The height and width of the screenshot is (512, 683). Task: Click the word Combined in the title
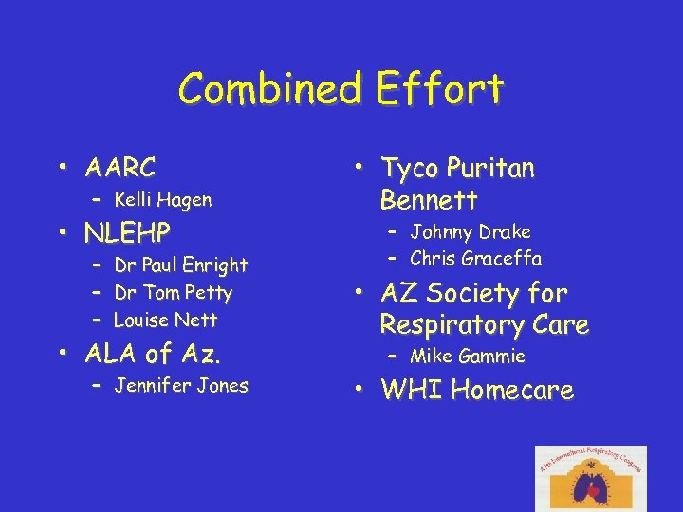tap(269, 90)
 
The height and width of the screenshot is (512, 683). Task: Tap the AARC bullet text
tap(120, 169)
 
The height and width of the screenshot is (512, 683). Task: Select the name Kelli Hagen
tap(162, 200)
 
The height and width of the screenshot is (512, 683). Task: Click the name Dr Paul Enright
tap(180, 265)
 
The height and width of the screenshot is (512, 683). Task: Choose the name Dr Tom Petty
tap(173, 293)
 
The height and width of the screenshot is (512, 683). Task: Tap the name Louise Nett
tap(165, 320)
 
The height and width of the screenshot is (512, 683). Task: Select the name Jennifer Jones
tap(180, 386)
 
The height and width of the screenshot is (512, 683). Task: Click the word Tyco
tap(409, 169)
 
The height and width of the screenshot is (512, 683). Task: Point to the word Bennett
tap(429, 200)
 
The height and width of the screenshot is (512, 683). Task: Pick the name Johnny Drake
tap(470, 231)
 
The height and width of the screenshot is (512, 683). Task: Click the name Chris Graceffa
tap(476, 258)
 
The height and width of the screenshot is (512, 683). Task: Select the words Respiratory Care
tap(484, 324)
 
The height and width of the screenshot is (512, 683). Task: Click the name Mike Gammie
tap(467, 357)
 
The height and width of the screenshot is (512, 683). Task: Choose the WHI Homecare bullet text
tap(477, 390)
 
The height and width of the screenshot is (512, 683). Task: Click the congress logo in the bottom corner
tap(590, 478)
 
